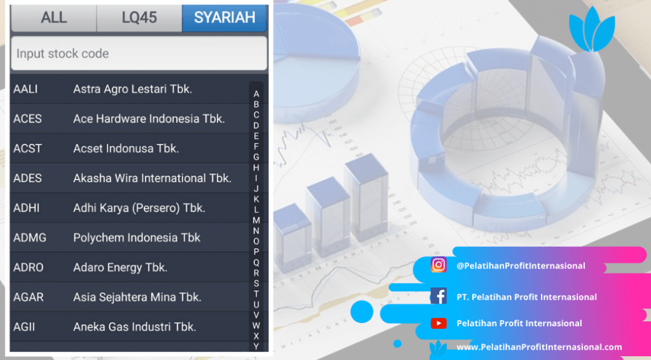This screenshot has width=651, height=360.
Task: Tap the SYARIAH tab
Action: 224,18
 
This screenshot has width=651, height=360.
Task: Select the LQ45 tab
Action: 139,18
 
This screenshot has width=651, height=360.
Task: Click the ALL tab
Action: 54,18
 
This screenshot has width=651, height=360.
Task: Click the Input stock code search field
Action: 139,53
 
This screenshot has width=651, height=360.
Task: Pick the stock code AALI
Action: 25,89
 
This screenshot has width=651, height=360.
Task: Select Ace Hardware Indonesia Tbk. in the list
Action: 149,119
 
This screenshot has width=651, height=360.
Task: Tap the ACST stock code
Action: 27,149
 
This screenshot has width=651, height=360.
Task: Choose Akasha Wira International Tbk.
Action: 153,179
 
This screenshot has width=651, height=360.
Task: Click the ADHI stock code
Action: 27,208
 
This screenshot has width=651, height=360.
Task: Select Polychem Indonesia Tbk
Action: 137,238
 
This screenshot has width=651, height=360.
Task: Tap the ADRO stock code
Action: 28,267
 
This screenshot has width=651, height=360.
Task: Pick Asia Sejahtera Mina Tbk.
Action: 137,297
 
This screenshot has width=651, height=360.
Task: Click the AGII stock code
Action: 24,327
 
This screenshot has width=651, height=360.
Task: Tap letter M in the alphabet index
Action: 256,221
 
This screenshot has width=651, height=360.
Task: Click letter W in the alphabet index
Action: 256,326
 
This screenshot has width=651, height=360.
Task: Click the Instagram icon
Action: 439,265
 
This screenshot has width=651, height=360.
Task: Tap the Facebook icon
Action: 439,296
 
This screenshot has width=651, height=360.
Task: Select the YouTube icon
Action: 439,323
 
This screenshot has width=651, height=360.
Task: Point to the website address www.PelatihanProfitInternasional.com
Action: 539,347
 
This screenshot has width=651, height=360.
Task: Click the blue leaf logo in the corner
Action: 592,29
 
